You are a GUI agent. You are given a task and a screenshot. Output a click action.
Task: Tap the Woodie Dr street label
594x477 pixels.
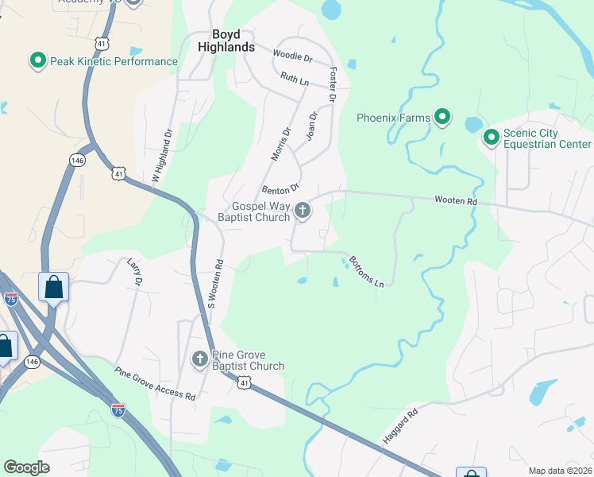[x=292, y=56]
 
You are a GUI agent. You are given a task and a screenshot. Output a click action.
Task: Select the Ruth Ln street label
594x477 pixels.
[x=293, y=78]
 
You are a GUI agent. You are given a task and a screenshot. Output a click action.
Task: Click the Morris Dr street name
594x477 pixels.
[x=280, y=144]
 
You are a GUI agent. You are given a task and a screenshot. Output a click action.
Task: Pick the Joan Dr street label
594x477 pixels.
[x=312, y=126]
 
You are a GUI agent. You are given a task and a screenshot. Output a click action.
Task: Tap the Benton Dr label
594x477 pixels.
[x=280, y=189]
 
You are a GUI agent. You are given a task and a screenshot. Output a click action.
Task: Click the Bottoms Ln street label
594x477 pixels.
[x=367, y=272]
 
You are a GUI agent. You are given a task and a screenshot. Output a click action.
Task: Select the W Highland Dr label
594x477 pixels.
[x=161, y=157]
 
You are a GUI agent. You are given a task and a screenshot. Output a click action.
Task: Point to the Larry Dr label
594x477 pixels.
[x=134, y=271]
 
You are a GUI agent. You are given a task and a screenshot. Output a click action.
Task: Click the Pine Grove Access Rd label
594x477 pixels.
[x=155, y=383]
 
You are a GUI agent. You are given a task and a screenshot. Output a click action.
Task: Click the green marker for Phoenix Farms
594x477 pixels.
[x=443, y=118]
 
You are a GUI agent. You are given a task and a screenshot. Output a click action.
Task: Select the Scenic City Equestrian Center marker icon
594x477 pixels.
[x=491, y=139]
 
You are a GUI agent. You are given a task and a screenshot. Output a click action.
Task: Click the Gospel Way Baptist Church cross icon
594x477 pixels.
[x=302, y=211]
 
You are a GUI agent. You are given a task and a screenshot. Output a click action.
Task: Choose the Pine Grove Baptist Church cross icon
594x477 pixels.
[x=199, y=360]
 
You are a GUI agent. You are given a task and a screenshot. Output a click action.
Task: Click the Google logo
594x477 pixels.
[x=26, y=467]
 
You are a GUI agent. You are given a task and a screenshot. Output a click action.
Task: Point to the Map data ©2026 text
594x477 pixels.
[x=560, y=471]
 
